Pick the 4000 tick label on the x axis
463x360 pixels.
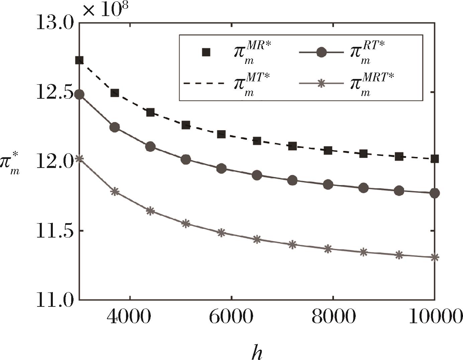[129, 317]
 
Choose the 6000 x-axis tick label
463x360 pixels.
[231, 317]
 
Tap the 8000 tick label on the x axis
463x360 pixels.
[333, 317]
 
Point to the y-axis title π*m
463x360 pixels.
[11, 165]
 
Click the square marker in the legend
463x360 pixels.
[206, 52]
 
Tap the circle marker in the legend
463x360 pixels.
[321, 53]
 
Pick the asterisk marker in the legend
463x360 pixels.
[321, 84]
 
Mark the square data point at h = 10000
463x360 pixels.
[435, 159]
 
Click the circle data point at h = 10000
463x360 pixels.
[435, 193]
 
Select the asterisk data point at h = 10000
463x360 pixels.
[435, 257]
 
